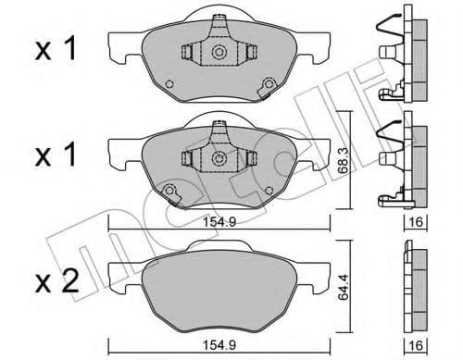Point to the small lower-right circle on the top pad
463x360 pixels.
[269, 87]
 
